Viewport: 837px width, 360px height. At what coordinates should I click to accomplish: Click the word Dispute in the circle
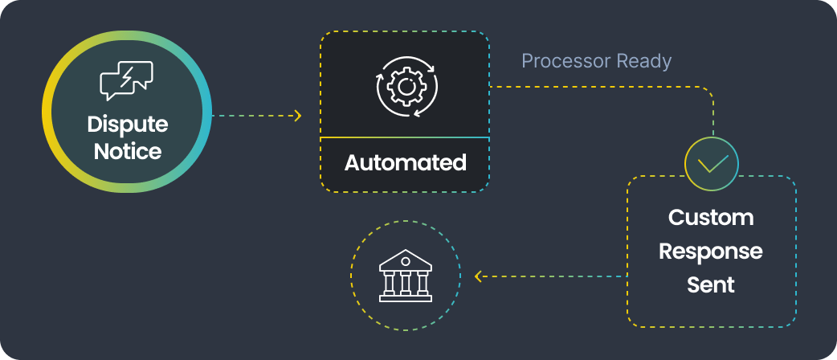click(x=127, y=125)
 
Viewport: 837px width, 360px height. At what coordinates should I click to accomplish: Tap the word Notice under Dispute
click(x=127, y=150)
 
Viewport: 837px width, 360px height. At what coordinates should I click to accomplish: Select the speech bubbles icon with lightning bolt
click(x=126, y=80)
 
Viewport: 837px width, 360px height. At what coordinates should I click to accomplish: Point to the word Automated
click(x=405, y=163)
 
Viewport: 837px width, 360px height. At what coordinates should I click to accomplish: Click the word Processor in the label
click(x=565, y=61)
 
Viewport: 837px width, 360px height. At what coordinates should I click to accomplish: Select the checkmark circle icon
click(x=712, y=163)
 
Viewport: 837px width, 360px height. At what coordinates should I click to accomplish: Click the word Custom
click(x=711, y=218)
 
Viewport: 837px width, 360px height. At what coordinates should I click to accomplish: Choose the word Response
click(x=711, y=252)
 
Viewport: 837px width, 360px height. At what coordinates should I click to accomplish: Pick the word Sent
click(x=711, y=285)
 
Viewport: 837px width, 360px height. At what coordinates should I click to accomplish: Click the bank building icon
click(x=406, y=276)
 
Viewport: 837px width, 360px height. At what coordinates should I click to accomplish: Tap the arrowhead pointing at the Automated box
click(x=298, y=117)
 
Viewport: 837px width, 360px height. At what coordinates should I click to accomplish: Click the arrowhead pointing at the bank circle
click(x=479, y=276)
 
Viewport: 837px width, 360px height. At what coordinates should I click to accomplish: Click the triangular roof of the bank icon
click(x=406, y=258)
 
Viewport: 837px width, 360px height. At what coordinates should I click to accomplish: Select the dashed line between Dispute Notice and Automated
click(x=253, y=117)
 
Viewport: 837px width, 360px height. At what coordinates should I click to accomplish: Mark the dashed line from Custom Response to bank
click(x=554, y=276)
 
